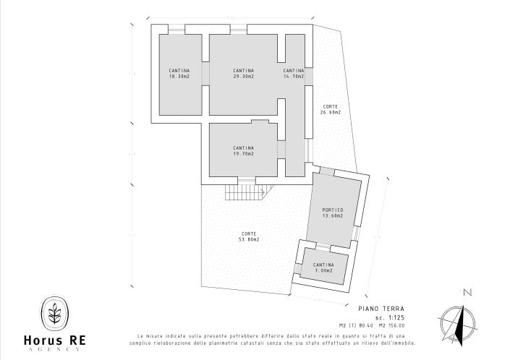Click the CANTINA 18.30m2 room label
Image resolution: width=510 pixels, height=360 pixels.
point(179,73)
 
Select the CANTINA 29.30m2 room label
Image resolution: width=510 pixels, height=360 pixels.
point(243,73)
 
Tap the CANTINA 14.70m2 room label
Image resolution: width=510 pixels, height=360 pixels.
point(294,73)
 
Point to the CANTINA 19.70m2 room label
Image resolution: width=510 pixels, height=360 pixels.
point(243,150)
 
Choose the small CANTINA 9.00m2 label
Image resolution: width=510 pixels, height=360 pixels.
point(324,267)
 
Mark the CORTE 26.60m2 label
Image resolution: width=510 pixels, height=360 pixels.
point(331,109)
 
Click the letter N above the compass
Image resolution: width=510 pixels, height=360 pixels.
point(467,293)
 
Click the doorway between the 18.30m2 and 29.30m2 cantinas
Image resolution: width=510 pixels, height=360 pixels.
point(205,73)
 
